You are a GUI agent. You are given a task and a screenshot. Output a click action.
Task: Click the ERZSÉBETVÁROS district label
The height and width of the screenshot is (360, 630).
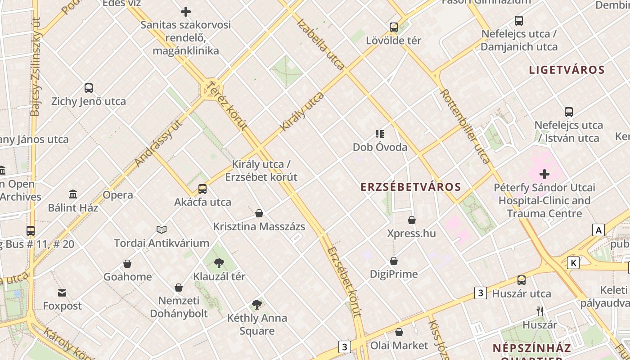pos(411,187)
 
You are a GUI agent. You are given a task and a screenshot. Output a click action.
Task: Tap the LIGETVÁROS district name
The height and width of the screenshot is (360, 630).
pos(567,70)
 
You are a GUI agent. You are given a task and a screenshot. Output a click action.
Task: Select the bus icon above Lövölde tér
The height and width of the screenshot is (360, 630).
pos(394,27)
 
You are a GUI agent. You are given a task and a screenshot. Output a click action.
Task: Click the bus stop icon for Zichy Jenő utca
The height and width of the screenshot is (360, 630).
pos(89,88)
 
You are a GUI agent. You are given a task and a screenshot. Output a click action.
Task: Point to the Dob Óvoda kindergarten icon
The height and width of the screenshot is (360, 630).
pos(380,134)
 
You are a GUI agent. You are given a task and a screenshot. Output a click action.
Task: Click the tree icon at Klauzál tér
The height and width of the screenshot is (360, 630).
pos(219,263)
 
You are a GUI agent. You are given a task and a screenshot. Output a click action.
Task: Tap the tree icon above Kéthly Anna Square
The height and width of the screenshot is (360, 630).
pos(257,305)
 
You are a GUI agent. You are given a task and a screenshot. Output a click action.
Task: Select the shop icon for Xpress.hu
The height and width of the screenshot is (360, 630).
pos(412,220)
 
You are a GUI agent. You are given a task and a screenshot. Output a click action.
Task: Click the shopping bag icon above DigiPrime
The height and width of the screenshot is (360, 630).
pos(394,261)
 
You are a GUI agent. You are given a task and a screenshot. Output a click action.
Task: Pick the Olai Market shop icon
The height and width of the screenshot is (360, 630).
pos(399,333)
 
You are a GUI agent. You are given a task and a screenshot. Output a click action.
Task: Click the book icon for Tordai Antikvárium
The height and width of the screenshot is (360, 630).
pos(162,230)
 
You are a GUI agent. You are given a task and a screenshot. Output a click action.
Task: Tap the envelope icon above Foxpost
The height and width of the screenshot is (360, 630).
pos(62,293)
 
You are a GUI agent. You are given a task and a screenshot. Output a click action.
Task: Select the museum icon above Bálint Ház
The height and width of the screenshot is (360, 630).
pos(73,194)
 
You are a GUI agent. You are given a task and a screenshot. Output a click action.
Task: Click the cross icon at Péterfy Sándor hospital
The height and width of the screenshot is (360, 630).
pos(544,174)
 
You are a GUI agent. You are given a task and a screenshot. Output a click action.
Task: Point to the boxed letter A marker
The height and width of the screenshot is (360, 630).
pos(598,230)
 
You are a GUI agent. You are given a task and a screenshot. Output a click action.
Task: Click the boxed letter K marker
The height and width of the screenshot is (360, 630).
pos(573,263)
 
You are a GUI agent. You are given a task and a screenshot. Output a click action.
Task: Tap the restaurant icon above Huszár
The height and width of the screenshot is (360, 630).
pos(540,311)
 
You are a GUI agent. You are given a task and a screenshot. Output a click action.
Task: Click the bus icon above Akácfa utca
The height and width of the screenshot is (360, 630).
pos(202,189)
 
